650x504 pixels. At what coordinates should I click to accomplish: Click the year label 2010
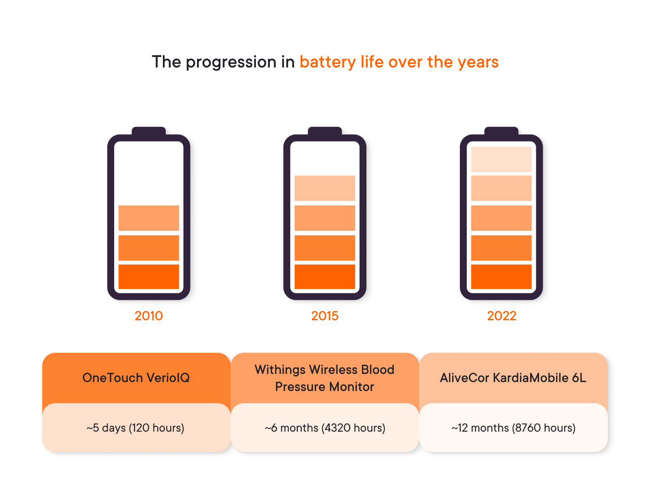pos(148,315)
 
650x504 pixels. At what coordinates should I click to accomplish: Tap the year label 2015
pos(325,315)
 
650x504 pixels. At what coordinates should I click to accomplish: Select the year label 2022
pos(501,315)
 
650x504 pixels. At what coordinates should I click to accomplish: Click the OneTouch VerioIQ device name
pos(136,378)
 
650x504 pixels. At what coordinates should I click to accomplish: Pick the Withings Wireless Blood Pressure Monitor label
pos(324,378)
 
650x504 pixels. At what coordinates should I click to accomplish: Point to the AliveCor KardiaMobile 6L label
pos(513,378)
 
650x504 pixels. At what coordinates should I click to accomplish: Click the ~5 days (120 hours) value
pos(135,428)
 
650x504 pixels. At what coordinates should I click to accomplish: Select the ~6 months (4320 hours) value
pos(325,428)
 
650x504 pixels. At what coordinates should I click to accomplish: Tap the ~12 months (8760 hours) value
pos(513,428)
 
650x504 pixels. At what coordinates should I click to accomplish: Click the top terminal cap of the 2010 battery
pos(148,131)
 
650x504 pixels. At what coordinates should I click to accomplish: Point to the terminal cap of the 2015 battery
pos(325,131)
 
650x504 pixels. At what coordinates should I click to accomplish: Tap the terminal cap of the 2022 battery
pos(501,131)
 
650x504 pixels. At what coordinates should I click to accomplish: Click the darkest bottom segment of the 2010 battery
pos(149,276)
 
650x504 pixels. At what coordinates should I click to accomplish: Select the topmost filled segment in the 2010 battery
pos(149,218)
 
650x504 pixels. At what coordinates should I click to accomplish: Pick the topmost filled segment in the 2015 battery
pos(325,188)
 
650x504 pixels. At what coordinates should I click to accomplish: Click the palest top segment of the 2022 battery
pos(501,159)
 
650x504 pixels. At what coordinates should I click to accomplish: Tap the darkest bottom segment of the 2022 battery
pos(501,276)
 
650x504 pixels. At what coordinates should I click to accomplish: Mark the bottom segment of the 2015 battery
pos(325,276)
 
